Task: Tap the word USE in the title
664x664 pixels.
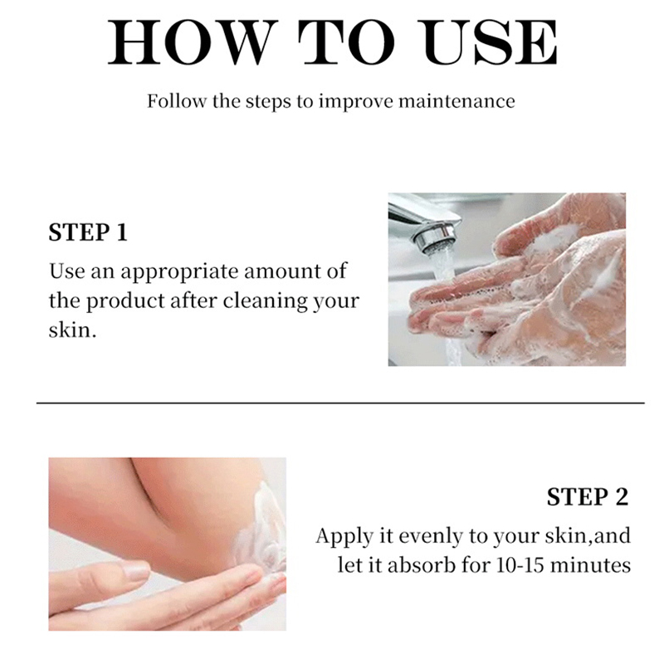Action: [491, 42]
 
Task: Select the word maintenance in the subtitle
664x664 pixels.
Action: [457, 101]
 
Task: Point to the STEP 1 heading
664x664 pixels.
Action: [88, 232]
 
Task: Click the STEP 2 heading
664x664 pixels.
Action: [588, 496]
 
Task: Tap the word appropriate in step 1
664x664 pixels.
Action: [179, 272]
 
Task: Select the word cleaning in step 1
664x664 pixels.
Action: [265, 301]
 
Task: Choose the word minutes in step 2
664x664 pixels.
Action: [590, 565]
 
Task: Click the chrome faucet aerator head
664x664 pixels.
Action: [435, 239]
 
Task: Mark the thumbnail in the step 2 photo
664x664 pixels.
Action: [135, 570]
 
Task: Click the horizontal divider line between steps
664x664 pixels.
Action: [340, 403]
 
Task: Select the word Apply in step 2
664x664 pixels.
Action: [344, 536]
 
